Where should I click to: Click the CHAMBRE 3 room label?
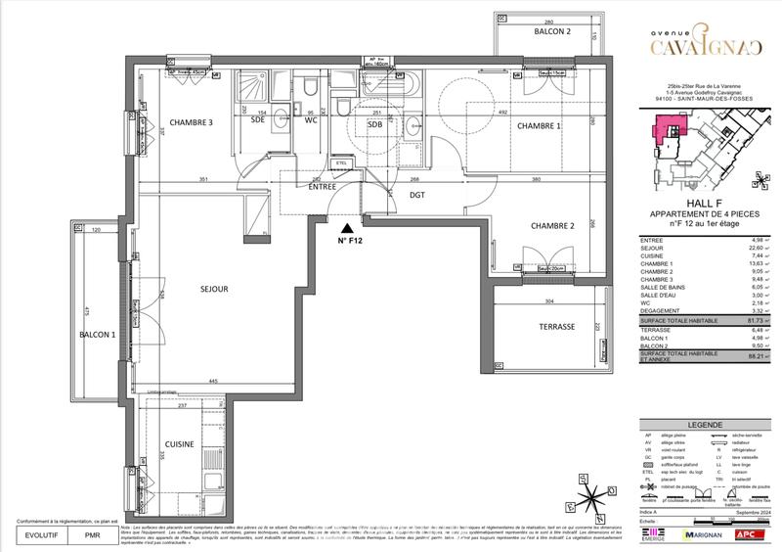(x=192, y=122)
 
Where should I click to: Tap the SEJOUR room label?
(x=214, y=289)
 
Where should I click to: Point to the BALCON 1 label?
(x=97, y=336)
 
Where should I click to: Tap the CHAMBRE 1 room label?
(x=539, y=126)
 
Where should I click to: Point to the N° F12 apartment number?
(x=350, y=240)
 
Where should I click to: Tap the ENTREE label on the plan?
(x=323, y=186)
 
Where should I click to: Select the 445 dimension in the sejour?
(x=213, y=381)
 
